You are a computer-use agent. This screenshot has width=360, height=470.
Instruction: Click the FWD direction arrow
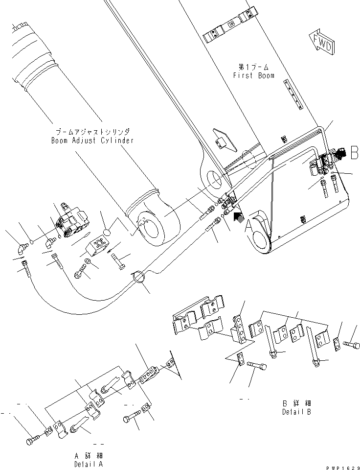tap(321, 43)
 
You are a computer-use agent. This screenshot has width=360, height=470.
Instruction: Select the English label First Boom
tap(253, 75)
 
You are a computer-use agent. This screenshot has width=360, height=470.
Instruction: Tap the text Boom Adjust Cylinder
tap(92, 140)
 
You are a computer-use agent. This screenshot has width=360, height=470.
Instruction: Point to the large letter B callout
tap(353, 153)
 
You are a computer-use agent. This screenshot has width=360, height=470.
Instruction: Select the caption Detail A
tap(89, 464)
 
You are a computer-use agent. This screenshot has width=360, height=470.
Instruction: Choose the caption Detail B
tap(296, 412)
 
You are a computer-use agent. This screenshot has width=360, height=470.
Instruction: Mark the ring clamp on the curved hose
tap(137, 278)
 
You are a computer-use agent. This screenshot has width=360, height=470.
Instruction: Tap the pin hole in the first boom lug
tap(214, 179)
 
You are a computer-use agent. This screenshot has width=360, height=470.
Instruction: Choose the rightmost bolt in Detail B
tap(351, 344)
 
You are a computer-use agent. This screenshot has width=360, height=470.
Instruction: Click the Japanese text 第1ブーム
tap(253, 67)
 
